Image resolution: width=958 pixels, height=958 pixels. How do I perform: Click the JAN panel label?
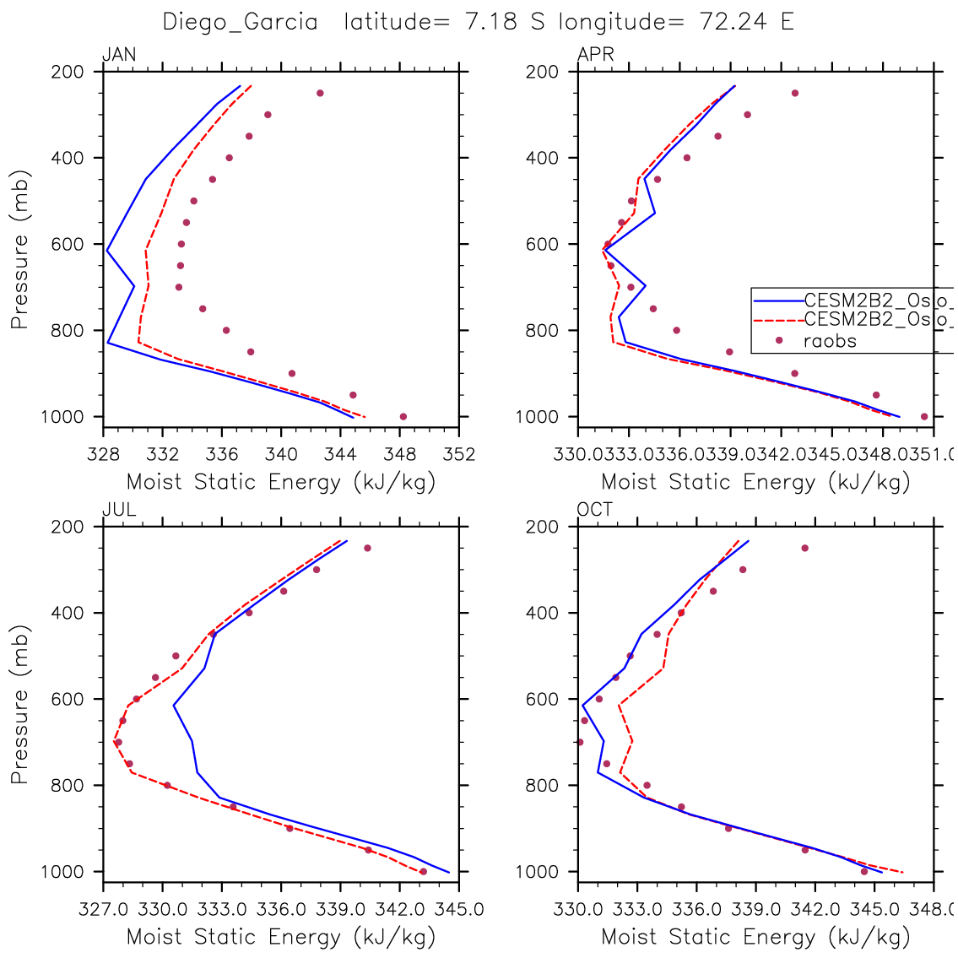119,56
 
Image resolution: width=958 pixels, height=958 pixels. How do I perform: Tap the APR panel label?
595,56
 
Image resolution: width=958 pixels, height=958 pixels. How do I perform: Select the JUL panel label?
119,510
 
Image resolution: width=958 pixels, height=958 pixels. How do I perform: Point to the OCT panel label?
595,510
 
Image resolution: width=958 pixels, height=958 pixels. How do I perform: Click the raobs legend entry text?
830,341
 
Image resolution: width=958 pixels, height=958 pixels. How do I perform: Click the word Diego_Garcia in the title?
241,22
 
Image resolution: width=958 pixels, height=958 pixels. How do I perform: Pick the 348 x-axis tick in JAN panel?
400,455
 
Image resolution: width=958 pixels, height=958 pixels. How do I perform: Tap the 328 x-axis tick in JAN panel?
103,455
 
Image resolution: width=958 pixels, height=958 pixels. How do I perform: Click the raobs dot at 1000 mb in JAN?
403,416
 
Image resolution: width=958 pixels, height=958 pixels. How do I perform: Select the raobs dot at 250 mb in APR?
794,93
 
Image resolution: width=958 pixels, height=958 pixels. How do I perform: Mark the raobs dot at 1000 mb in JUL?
423,871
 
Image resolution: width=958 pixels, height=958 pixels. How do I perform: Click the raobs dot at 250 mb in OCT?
804,548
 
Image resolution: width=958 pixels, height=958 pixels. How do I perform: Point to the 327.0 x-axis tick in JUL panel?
103,910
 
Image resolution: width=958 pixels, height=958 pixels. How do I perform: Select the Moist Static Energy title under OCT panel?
755,936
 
